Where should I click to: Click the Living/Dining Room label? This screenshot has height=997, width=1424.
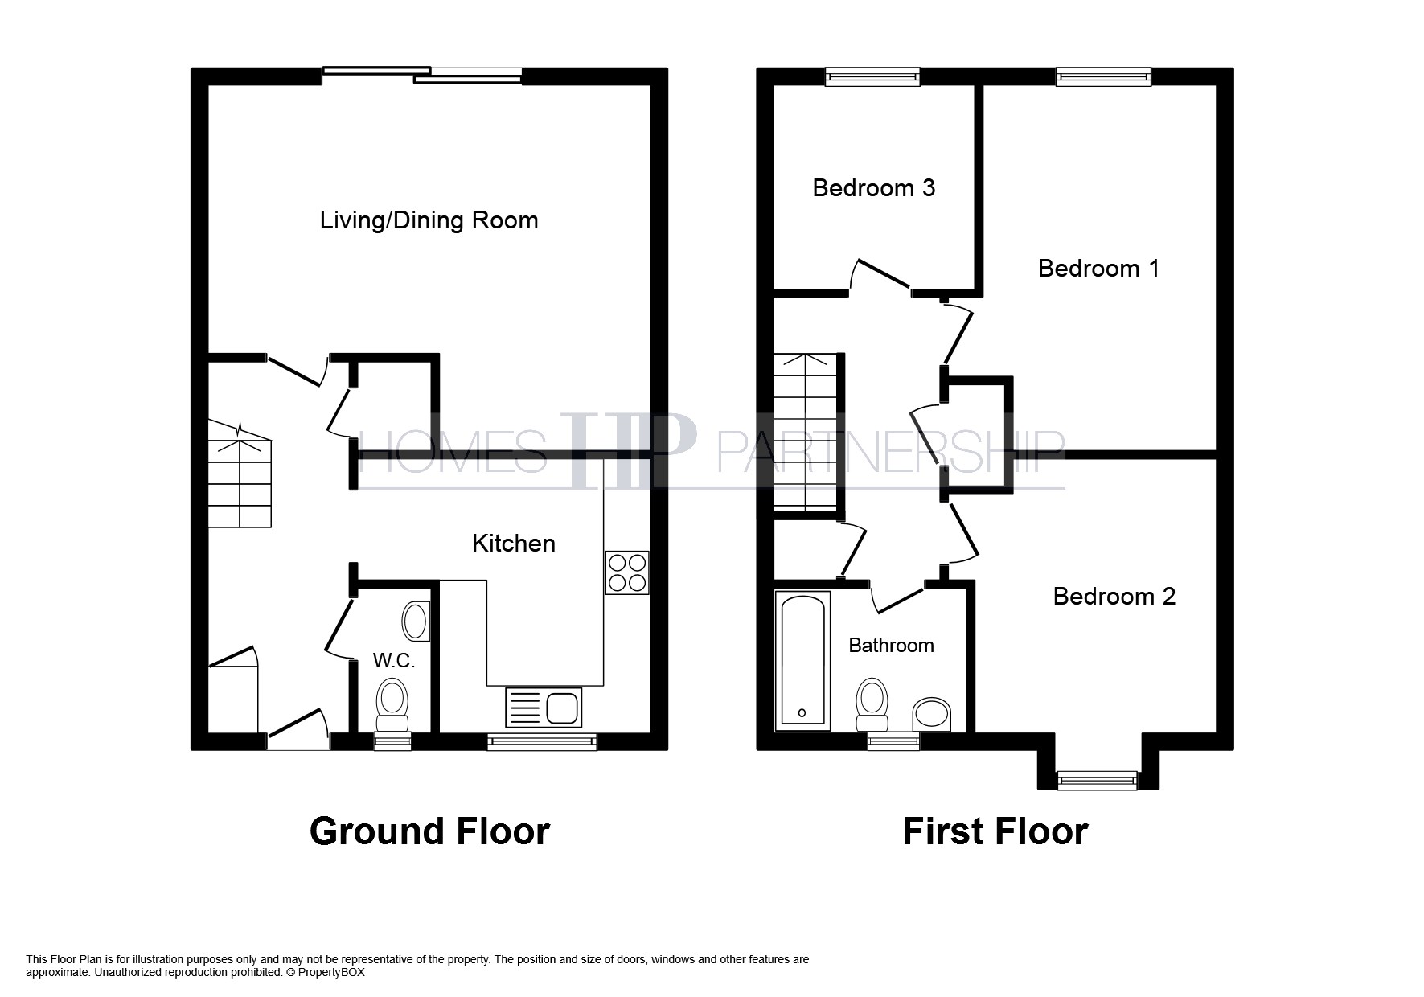[429, 220]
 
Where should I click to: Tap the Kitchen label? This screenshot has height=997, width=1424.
[514, 544]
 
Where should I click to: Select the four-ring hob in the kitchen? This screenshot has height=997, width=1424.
[627, 572]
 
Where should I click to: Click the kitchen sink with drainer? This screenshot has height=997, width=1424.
[544, 708]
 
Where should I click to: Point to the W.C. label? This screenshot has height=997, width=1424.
[394, 661]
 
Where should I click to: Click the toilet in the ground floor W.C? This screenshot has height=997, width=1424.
[393, 704]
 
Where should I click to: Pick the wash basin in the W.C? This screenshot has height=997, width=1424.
[416, 621]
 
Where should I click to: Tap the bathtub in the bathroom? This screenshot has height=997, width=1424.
[802, 661]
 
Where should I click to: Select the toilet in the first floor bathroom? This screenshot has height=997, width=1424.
[872, 704]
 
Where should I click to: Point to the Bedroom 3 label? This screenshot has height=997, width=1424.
[874, 188]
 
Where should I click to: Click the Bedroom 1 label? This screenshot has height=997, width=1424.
[1099, 269]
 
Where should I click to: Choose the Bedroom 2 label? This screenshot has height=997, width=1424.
[1114, 597]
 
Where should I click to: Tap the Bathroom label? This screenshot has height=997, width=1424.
[892, 646]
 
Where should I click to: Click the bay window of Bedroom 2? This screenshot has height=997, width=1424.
[1098, 780]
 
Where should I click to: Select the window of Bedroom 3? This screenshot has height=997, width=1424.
[873, 76]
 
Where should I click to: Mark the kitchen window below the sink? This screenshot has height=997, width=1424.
[542, 741]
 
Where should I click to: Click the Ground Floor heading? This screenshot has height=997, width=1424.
[429, 831]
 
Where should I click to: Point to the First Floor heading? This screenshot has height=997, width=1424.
[995, 831]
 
